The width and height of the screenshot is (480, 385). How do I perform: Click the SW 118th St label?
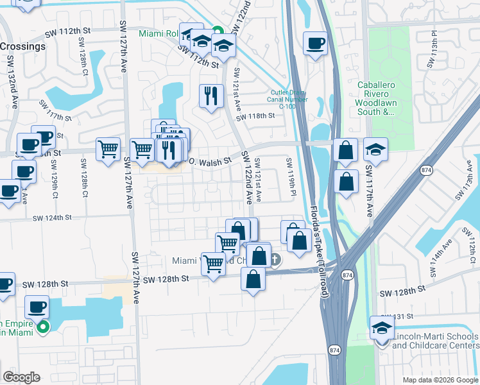255,116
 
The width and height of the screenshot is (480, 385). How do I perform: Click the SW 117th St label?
55,110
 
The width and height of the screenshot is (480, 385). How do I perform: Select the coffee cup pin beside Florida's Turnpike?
315,44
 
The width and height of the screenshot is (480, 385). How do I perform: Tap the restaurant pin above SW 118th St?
211,96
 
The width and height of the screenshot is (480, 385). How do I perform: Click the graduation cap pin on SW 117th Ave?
375,150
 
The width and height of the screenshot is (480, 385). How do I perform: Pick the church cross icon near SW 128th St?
275,260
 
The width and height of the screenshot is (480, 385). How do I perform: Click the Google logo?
21,377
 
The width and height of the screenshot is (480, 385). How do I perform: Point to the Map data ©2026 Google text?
440,380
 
